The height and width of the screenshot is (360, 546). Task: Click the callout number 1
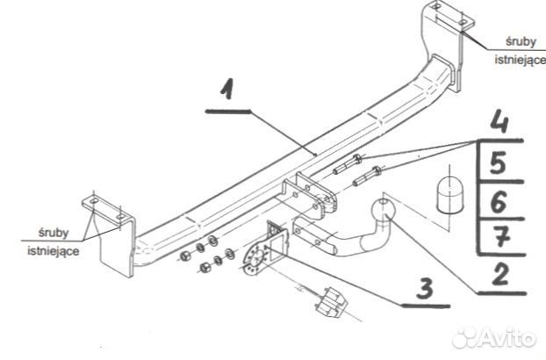pyautogui.click(x=227, y=90)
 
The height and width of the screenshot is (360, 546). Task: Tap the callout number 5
pyautogui.click(x=498, y=162)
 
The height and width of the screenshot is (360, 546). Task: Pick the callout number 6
pyautogui.click(x=499, y=202)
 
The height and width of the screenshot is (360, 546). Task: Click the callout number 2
pyautogui.click(x=500, y=274)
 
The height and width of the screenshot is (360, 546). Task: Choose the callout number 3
pyautogui.click(x=426, y=288)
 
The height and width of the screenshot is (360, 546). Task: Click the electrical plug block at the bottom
pyautogui.click(x=331, y=302)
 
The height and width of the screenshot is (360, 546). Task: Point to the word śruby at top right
pyautogui.click(x=521, y=42)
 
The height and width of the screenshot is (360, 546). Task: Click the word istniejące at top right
pyautogui.click(x=521, y=59)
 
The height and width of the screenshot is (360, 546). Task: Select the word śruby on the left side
pyautogui.click(x=54, y=233)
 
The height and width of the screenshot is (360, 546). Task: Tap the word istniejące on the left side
pyautogui.click(x=54, y=250)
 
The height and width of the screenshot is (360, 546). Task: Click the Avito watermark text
pyautogui.click(x=493, y=337)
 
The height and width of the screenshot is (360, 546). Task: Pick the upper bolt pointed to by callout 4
pyautogui.click(x=348, y=164)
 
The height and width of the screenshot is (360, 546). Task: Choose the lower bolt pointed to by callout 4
pyautogui.click(x=368, y=176)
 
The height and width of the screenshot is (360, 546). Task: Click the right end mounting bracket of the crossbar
pyautogui.click(x=447, y=46)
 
